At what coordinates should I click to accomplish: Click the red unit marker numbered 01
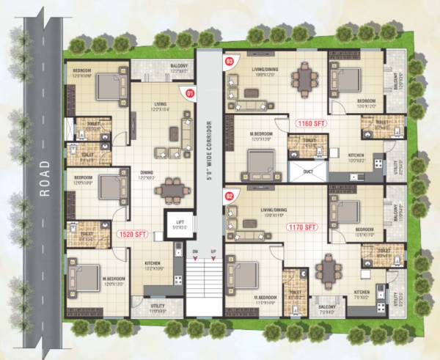(x=189, y=93)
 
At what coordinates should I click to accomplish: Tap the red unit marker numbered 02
(x=229, y=196)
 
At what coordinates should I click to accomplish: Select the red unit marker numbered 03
(x=229, y=61)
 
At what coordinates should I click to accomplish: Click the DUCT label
(x=307, y=171)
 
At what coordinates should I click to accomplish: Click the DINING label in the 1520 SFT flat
(x=147, y=173)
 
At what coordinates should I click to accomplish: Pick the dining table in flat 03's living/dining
(x=304, y=76)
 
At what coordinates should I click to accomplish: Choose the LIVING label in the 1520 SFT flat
(x=159, y=105)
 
